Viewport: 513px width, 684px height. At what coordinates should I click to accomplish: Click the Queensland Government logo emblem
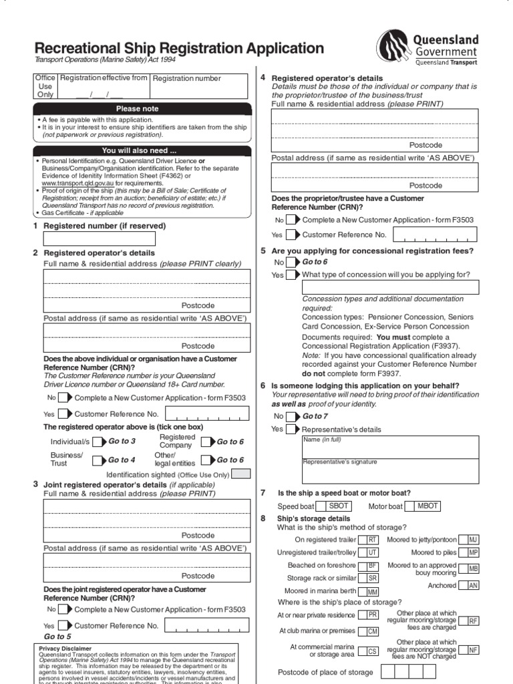[x=395, y=47]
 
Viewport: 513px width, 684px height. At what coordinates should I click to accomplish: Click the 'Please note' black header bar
[x=138, y=108]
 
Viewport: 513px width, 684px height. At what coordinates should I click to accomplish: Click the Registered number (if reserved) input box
[x=100, y=238]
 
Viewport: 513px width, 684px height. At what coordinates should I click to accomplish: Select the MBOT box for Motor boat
[x=427, y=506]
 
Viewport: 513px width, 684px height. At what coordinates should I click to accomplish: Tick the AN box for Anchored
[x=472, y=585]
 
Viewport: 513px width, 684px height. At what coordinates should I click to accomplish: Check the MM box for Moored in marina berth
[x=371, y=592]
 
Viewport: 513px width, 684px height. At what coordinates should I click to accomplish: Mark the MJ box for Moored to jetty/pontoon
[x=472, y=540]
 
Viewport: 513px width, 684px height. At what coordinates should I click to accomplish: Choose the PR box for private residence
[x=371, y=615]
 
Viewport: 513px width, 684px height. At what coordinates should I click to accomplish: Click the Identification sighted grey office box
[x=240, y=474]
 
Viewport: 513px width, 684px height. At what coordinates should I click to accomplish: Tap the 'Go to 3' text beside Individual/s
[x=122, y=442]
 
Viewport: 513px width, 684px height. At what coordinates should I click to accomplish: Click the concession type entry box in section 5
[x=390, y=287]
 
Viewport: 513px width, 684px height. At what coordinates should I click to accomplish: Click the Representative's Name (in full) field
[x=390, y=447]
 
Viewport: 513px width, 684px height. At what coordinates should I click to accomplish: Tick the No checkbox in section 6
[x=291, y=416]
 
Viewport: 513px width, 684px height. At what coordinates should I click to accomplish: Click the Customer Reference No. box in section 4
[x=436, y=234]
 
